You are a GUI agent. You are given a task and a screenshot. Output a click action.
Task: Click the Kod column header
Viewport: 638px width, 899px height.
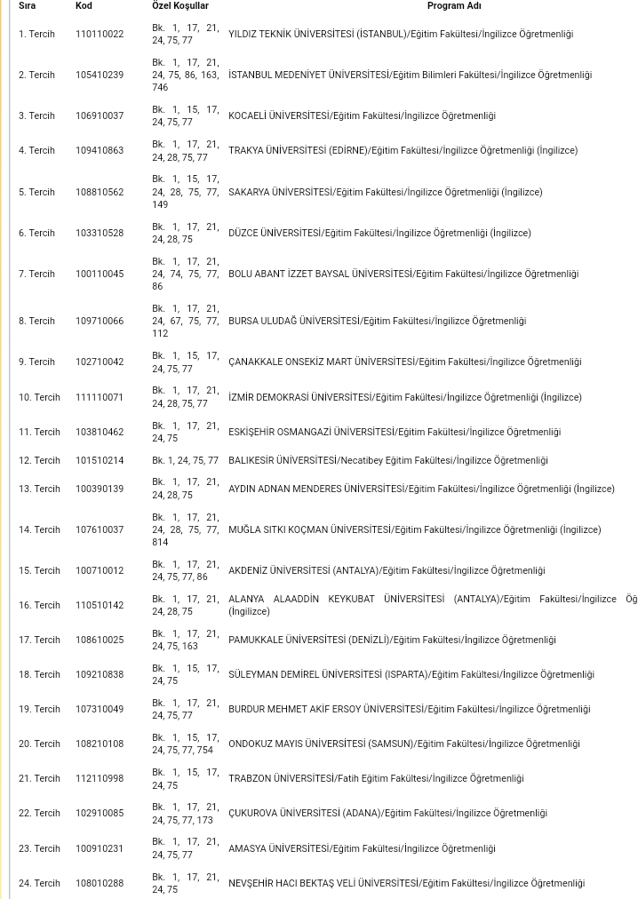pos(84,5)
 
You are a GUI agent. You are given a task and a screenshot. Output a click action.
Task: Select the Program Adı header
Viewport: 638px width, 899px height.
pos(453,5)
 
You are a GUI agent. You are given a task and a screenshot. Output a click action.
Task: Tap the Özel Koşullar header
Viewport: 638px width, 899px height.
pos(179,5)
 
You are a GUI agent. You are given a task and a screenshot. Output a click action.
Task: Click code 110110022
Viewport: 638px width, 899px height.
pos(100,34)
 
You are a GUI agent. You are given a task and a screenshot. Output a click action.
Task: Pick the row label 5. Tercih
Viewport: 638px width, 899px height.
pos(36,192)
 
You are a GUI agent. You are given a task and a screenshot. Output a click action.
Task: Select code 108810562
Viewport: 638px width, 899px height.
pos(100,192)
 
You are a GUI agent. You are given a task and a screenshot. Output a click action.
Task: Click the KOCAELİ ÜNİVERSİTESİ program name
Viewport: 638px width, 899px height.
pos(362,115)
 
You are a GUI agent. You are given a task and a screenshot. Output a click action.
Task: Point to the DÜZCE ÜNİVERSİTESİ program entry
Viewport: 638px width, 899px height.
pos(379,233)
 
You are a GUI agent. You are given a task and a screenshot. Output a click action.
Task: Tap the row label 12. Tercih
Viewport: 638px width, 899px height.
pos(39,460)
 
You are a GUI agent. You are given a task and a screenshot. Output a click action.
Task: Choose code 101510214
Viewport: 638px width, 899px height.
pos(100,460)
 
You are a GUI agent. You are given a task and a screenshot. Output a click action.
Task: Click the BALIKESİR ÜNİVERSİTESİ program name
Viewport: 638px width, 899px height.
pos(387,460)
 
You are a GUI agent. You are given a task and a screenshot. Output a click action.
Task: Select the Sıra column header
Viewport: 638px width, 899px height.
pos(28,5)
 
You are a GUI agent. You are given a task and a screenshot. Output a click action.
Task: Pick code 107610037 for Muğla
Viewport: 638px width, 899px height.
pos(100,529)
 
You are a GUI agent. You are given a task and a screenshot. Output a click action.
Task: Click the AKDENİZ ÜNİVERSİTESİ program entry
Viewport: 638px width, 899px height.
pos(387,570)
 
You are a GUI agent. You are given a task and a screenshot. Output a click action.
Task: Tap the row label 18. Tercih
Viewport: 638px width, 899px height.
pos(39,674)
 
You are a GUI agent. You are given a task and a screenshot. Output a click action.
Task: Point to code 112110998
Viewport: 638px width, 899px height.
pos(100,778)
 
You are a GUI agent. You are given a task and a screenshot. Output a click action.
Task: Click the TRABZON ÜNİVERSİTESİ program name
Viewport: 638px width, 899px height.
pos(376,778)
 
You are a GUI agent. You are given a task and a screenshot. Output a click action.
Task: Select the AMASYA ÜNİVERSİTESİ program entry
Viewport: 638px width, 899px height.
pos(362,848)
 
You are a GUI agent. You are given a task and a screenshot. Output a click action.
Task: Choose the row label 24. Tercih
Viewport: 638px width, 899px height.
pos(39,883)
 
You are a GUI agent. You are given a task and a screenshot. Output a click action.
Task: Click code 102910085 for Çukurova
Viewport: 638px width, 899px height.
pos(100,813)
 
